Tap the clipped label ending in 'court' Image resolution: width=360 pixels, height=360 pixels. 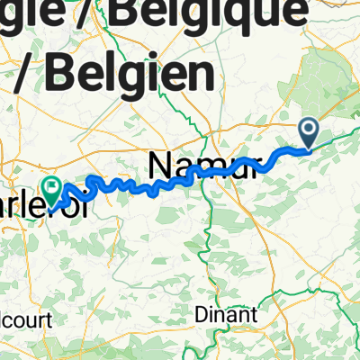24,319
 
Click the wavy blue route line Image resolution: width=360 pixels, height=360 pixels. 135,186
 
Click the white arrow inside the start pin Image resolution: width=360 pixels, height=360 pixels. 308,132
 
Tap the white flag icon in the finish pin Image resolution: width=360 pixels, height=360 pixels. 52,188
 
